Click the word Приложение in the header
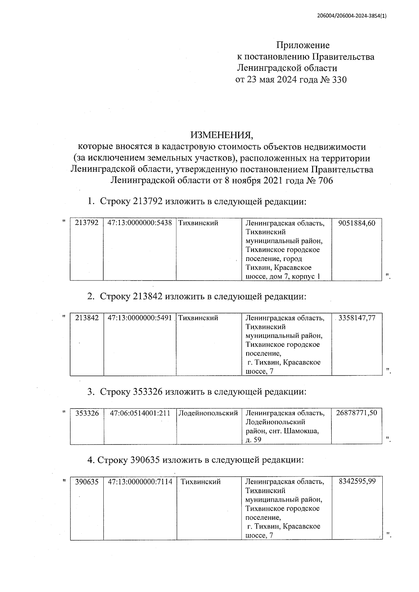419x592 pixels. pyautogui.click(x=303, y=45)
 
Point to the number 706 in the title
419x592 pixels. pyautogui.click(x=325, y=181)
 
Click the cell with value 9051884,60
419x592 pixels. pyautogui.click(x=357, y=223)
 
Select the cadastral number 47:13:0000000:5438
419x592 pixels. pyautogui.click(x=140, y=223)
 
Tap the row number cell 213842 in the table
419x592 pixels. pyautogui.click(x=87, y=318)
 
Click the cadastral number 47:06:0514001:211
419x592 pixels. pyautogui.click(x=140, y=413)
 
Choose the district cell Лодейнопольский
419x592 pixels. pyautogui.click(x=208, y=413)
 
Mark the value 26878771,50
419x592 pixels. pyautogui.click(x=356, y=413)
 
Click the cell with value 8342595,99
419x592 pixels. pyautogui.click(x=357, y=482)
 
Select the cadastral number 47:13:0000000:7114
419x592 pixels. pyautogui.click(x=140, y=482)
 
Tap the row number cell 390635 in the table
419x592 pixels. pyautogui.click(x=87, y=482)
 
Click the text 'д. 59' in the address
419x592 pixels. pyautogui.click(x=253, y=440)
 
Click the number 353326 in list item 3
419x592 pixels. pyautogui.click(x=148, y=392)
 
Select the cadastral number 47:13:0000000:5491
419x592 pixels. pyautogui.click(x=140, y=318)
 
